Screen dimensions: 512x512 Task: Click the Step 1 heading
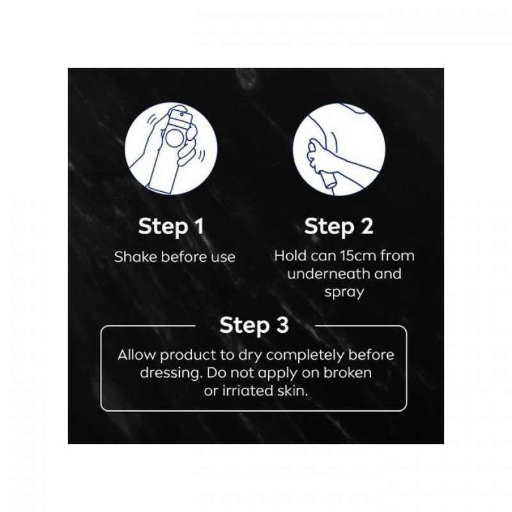point(171,227)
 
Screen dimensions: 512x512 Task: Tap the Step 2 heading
point(339,227)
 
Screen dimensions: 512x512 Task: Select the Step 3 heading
point(254,326)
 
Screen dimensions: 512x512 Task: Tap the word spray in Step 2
point(344,292)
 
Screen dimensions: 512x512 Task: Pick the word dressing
point(169,373)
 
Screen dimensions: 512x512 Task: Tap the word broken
point(348,372)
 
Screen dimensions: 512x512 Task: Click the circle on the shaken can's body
point(175,138)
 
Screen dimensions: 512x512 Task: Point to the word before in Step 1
point(184,257)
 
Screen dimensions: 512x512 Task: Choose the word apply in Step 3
point(282,374)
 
